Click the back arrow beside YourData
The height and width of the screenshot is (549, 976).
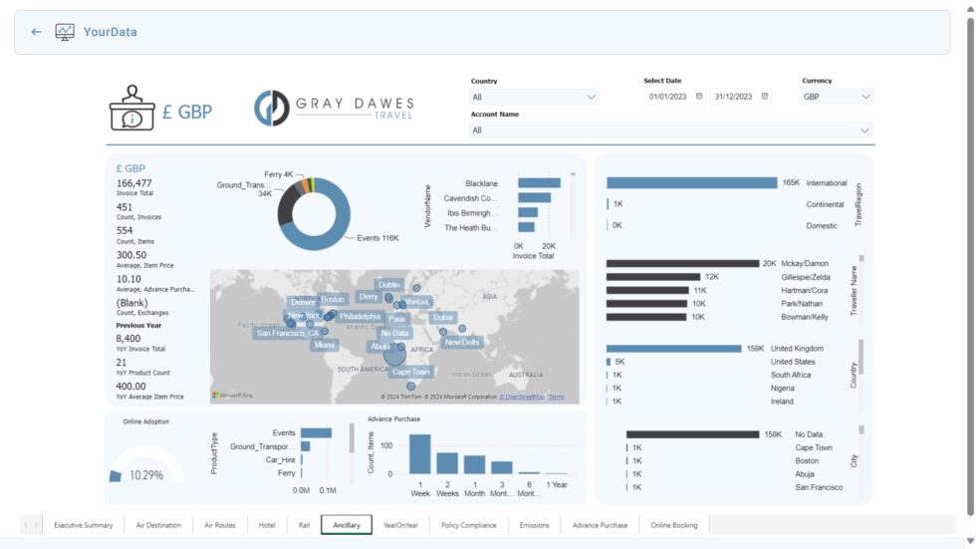(x=36, y=32)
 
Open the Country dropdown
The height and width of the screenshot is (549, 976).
(x=534, y=97)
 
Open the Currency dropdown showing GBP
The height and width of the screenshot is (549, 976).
(x=837, y=97)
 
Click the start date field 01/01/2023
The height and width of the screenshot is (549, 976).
(x=669, y=97)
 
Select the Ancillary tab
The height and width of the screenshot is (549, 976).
(x=347, y=525)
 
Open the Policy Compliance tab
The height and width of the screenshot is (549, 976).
(x=468, y=525)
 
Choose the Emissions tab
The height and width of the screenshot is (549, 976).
(x=534, y=525)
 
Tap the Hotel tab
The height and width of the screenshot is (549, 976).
(x=267, y=525)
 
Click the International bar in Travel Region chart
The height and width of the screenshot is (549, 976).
(x=691, y=183)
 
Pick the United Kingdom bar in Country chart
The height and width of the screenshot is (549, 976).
(x=674, y=349)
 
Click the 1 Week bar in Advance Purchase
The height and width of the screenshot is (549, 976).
(x=420, y=454)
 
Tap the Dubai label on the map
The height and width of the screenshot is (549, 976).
(x=443, y=318)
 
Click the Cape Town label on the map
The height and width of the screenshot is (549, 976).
(x=410, y=372)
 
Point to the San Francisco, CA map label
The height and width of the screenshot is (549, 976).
(x=288, y=334)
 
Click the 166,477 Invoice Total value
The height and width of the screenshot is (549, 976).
(x=134, y=183)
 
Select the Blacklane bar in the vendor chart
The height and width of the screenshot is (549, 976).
(x=534, y=183)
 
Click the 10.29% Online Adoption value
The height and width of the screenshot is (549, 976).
(x=146, y=475)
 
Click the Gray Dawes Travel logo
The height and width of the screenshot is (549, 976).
(x=334, y=109)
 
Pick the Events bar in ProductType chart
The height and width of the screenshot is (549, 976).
(x=316, y=433)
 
